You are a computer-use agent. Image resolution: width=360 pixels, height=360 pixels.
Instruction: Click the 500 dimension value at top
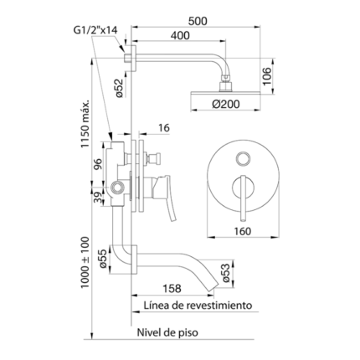[198, 21]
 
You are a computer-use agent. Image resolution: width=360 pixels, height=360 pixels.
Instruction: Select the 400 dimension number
[180, 35]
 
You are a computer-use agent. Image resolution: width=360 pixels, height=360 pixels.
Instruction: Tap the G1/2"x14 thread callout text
[95, 30]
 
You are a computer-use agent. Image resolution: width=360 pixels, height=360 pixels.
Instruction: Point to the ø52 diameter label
[119, 88]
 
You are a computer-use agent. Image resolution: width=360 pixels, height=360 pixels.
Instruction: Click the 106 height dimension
[267, 76]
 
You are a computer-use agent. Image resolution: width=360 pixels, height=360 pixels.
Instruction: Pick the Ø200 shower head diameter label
[226, 104]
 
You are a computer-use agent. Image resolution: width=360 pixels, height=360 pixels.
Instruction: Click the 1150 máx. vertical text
[85, 124]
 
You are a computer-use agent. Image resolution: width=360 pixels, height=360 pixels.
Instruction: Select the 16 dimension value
[164, 128]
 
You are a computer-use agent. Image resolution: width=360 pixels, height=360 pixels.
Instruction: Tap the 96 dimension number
[97, 164]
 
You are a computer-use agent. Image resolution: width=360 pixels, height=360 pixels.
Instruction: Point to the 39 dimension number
[98, 198]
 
